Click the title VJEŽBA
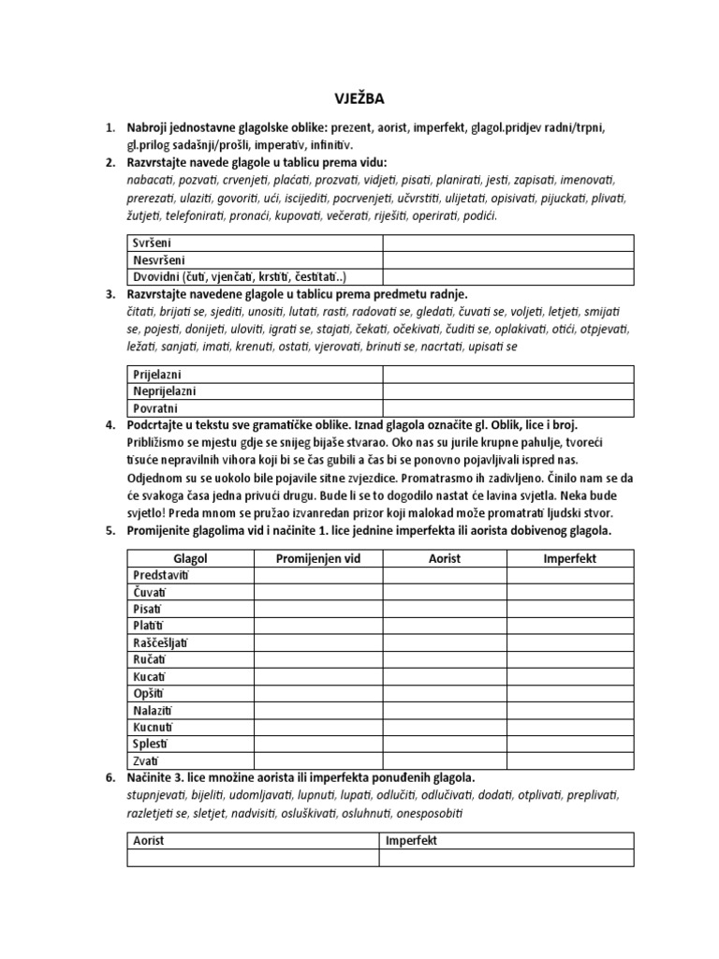tap(359, 98)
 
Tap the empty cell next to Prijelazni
tap(506, 375)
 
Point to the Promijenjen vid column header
tap(317, 558)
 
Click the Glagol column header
tap(190, 558)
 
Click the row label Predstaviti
tap(162, 575)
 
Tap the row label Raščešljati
tap(163, 642)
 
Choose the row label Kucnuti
tap(154, 727)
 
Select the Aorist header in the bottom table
tap(149, 841)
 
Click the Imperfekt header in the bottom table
tap(412, 841)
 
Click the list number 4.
tap(110, 425)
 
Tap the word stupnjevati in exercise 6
tap(161, 795)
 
